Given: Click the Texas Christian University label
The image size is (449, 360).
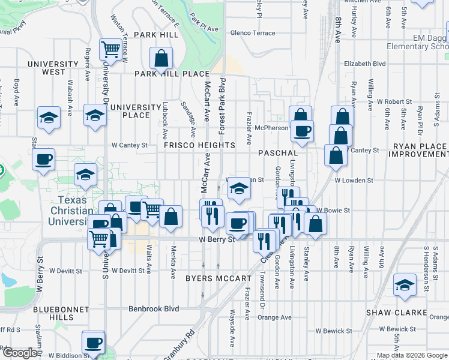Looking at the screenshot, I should point(71,211).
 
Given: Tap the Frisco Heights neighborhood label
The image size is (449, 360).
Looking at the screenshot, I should point(199,145).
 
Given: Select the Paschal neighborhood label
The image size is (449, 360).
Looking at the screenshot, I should point(278,154).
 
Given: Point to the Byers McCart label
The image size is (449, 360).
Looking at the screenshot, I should point(218,278).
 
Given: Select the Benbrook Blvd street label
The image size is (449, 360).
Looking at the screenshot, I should point(154,309).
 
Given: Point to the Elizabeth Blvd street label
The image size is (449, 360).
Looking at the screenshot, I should point(364,63).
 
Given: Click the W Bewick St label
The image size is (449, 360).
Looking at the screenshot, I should point(334,331).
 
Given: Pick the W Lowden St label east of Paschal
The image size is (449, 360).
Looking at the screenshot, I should point(354,180).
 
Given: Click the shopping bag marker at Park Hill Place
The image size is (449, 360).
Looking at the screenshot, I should point(161,59).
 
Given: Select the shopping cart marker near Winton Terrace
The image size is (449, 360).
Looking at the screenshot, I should point(110,49).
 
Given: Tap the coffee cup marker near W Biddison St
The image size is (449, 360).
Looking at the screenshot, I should point(93,343).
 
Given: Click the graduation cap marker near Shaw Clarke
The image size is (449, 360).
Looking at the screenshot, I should point(405,286).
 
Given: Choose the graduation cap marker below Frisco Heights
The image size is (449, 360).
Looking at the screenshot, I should point(239,190).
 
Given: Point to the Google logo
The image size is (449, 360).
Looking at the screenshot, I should point(20,353).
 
